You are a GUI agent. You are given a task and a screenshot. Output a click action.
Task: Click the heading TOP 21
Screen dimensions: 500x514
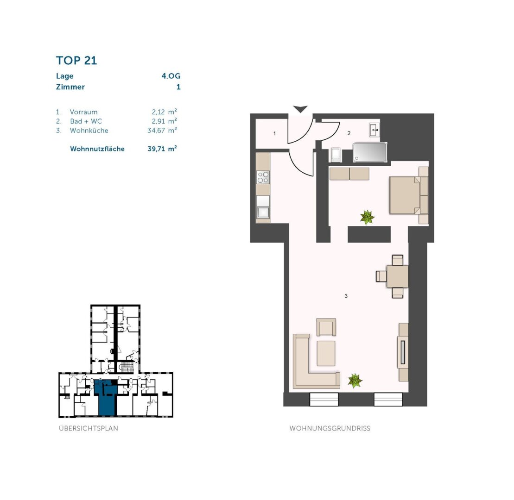pyautogui.click(x=76, y=61)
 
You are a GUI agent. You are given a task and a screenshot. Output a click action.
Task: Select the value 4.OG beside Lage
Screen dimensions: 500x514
pyautogui.click(x=171, y=76)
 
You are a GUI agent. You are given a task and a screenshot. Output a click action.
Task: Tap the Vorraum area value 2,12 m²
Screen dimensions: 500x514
pyautogui.click(x=164, y=112)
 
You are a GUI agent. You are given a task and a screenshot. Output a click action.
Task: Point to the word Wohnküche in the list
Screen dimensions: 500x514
pyautogui.click(x=89, y=131)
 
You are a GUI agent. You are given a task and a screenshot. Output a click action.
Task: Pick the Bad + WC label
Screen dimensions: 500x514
pyautogui.click(x=86, y=121)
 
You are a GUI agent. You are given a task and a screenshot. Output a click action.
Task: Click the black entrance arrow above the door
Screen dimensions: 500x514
pyautogui.click(x=300, y=109)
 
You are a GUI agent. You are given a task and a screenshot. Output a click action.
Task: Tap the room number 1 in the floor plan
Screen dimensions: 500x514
pyautogui.click(x=275, y=134)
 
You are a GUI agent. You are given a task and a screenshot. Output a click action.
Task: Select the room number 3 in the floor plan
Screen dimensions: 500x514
pyautogui.click(x=346, y=296)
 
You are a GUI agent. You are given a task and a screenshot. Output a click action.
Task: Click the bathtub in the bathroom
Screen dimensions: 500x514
pyautogui.click(x=369, y=152)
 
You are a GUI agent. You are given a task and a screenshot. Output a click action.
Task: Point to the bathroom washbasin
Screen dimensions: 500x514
pyautogui.click(x=374, y=130)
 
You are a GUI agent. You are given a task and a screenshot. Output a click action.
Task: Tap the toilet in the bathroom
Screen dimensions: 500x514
pyautogui.click(x=336, y=155)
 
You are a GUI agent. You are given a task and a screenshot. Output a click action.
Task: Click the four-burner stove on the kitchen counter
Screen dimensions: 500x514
pyautogui.click(x=263, y=177)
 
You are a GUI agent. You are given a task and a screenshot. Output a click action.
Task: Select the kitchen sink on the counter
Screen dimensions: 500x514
pyautogui.click(x=263, y=212)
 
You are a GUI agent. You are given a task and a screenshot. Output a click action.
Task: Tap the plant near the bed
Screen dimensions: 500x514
pyautogui.click(x=367, y=217)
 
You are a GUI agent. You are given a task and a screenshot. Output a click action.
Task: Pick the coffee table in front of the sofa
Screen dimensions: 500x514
pyautogui.click(x=326, y=353)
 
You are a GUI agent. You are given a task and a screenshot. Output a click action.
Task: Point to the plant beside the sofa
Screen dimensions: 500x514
pyautogui.click(x=355, y=381)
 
